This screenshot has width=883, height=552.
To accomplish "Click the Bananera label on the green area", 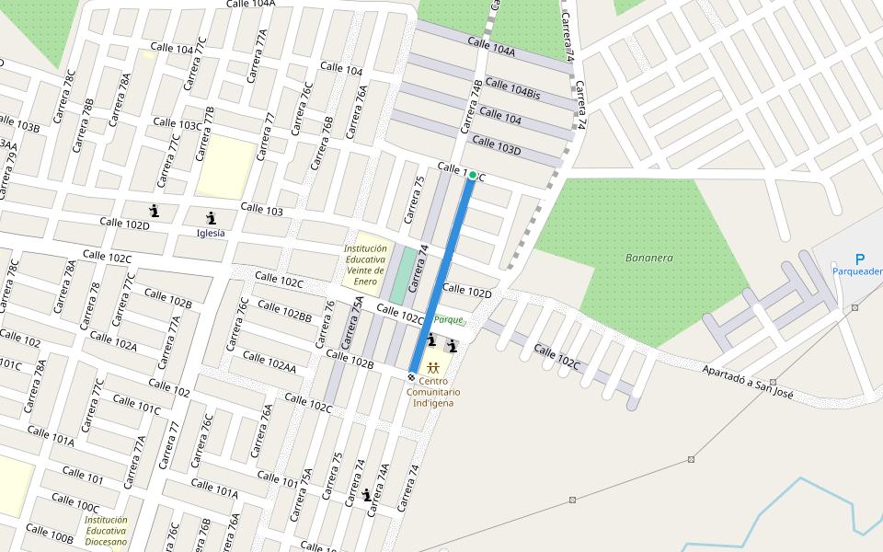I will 648,258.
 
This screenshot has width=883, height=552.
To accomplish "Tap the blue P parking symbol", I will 860,259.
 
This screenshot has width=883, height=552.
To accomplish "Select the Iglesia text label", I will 211,233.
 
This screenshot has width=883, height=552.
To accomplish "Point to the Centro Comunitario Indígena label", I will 433,392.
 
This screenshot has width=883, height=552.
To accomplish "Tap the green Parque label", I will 450,320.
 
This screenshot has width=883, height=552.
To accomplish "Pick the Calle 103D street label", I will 497,145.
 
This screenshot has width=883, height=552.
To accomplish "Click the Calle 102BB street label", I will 284,311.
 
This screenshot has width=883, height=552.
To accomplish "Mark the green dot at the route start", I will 473,175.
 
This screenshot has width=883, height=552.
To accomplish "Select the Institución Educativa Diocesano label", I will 106,531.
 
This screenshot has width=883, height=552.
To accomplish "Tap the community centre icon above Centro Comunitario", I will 432,368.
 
